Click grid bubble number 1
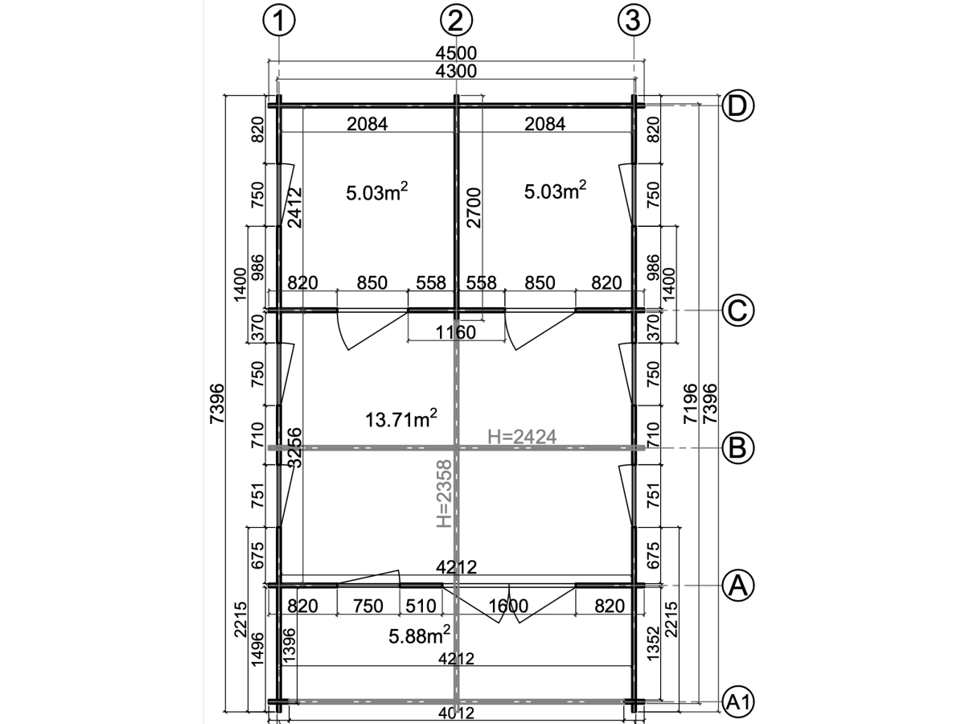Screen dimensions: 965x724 click(x=279, y=20)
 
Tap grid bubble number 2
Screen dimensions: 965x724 click(x=456, y=20)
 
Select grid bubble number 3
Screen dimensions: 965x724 click(x=634, y=20)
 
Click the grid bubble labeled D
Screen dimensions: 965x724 click(x=738, y=106)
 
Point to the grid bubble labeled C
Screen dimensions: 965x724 click(x=738, y=311)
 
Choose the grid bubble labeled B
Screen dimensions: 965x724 click(x=738, y=448)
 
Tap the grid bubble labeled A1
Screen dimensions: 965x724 click(x=738, y=702)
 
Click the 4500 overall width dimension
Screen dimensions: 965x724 click(x=456, y=53)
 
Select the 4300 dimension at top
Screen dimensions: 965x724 click(x=456, y=71)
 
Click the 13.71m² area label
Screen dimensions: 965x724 click(x=401, y=418)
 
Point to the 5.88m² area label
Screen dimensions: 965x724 click(x=420, y=636)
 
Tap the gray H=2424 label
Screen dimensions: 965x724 click(x=522, y=437)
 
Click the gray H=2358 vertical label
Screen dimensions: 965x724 click(x=444, y=494)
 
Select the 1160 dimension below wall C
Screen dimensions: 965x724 click(x=455, y=332)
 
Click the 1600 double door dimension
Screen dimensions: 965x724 click(x=508, y=607)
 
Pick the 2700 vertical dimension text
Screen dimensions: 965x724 click(x=474, y=208)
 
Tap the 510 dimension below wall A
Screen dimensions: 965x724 click(x=421, y=607)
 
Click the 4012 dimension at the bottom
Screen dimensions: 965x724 click(x=456, y=713)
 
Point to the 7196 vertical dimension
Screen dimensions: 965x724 click(x=690, y=404)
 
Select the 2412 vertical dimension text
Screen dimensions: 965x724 click(x=294, y=208)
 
